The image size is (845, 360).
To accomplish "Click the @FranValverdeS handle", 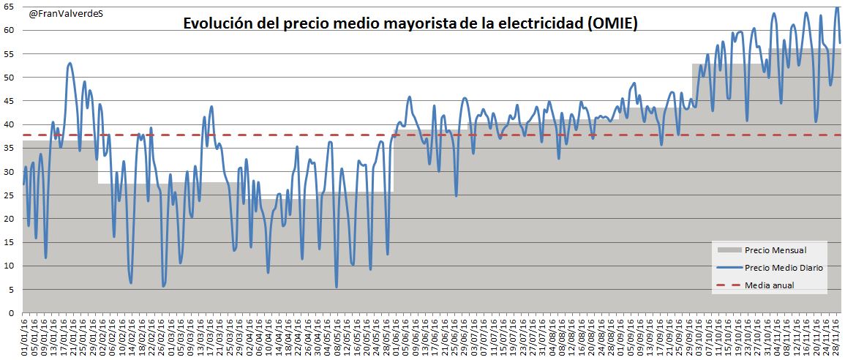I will click(x=66, y=13).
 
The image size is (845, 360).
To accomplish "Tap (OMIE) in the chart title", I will click(x=613, y=24).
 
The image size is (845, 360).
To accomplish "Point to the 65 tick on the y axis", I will click(x=10, y=7).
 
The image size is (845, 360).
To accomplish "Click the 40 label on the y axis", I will click(x=10, y=124).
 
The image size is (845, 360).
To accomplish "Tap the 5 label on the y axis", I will click(x=12, y=290).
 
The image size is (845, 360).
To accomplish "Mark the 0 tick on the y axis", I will click(x=12, y=313).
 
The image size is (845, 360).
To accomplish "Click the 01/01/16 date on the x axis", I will click(x=26, y=337).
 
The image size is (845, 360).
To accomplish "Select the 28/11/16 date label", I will click(x=836, y=337).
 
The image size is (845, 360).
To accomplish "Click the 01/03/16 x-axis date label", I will click(x=173, y=337).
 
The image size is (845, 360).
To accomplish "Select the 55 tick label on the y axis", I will click(x=10, y=53).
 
